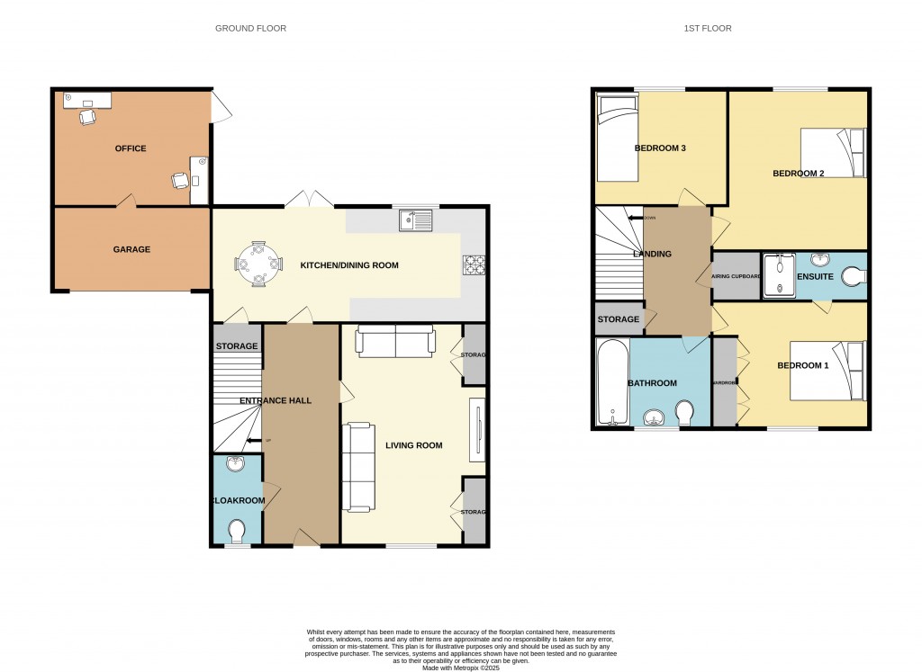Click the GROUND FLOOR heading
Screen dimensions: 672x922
click(x=250, y=29)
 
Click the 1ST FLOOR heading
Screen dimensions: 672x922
click(x=707, y=29)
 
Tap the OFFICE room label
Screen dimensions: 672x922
click(x=130, y=148)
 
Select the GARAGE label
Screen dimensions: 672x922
click(x=131, y=249)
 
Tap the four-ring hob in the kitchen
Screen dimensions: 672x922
click(x=474, y=264)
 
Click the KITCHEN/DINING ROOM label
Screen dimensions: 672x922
click(x=349, y=265)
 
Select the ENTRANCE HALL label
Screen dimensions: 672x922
click(x=276, y=400)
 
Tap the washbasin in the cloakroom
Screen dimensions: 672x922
click(x=237, y=464)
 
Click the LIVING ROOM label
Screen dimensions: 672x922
click(x=414, y=444)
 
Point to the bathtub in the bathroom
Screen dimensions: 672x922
click(x=612, y=382)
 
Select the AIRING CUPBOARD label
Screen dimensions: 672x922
click(x=737, y=276)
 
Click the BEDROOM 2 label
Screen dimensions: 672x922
click(x=799, y=174)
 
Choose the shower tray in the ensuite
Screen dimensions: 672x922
click(x=775, y=275)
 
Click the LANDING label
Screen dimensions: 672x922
click(x=653, y=254)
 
